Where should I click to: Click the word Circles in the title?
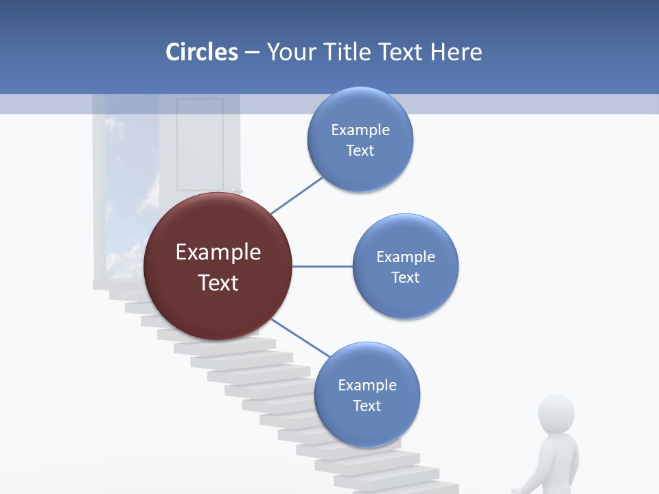click(202, 52)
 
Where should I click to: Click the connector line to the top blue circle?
click(297, 195)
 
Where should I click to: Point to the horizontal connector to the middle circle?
click(322, 266)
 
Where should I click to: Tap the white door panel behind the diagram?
click(199, 144)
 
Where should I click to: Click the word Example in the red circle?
click(218, 252)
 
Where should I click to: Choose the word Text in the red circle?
click(218, 283)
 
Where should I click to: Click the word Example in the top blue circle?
click(360, 130)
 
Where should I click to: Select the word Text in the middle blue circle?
click(405, 277)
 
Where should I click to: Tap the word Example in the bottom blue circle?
click(367, 385)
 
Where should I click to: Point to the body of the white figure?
click(557, 467)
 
